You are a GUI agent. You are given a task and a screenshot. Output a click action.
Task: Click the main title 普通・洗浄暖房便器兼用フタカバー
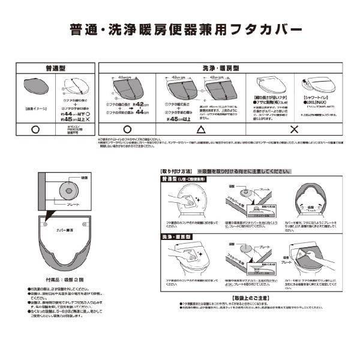(180, 28)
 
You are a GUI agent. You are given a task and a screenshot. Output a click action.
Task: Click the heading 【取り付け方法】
(178, 170)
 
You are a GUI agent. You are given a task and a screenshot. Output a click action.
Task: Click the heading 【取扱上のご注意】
(250, 298)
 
